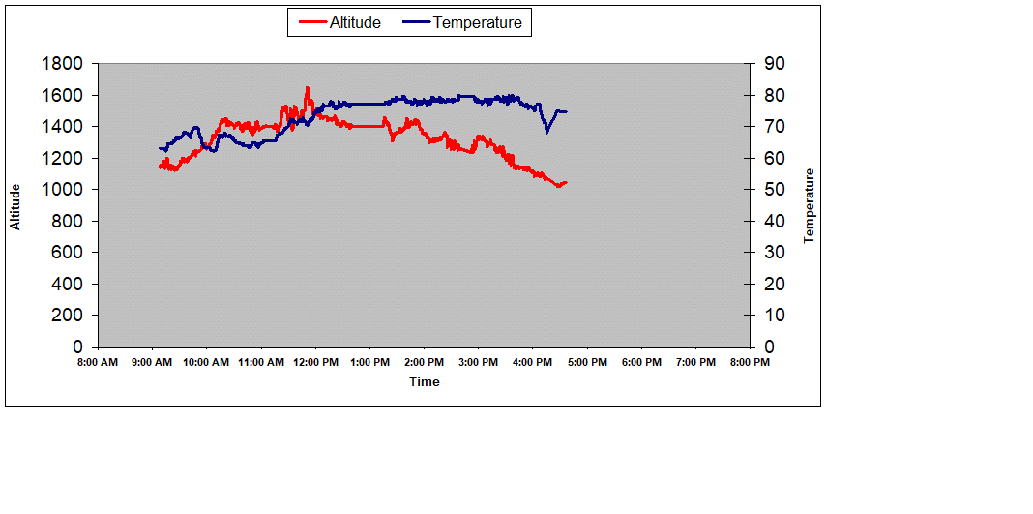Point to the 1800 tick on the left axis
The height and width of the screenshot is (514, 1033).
click(63, 64)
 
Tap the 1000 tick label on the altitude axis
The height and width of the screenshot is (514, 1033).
click(63, 190)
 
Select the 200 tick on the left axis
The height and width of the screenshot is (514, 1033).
click(69, 316)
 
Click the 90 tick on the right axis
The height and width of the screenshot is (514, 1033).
click(775, 64)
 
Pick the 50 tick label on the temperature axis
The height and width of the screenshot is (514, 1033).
click(775, 190)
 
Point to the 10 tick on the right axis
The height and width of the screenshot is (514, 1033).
click(775, 316)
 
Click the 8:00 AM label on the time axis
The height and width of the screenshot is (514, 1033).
click(97, 363)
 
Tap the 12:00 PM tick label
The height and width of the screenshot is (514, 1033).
click(315, 363)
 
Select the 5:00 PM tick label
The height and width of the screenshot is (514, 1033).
click(587, 363)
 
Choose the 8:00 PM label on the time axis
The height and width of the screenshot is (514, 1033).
click(750, 363)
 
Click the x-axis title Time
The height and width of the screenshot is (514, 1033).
click(424, 382)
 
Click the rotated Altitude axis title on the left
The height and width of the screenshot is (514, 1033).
click(15, 206)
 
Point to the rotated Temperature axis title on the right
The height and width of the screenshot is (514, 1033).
click(810, 206)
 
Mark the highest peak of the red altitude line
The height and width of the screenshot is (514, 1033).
click(308, 88)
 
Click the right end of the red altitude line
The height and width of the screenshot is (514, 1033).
click(566, 182)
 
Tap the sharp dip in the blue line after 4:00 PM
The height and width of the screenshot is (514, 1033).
click(546, 132)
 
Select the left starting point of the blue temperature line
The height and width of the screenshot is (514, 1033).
click(160, 148)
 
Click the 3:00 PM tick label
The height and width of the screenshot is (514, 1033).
click(479, 363)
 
